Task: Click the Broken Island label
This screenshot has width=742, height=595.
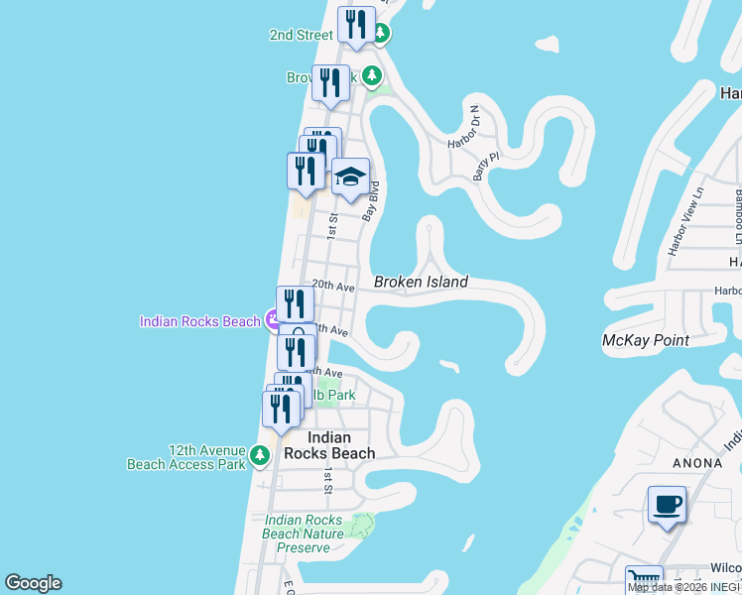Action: click(x=421, y=283)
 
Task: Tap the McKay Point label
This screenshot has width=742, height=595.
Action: click(x=646, y=340)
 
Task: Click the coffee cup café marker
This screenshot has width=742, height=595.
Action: click(x=667, y=505)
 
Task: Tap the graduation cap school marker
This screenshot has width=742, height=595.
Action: click(x=349, y=178)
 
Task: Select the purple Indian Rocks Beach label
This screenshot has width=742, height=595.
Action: click(x=199, y=321)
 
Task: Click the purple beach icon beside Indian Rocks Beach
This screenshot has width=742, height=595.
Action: click(x=274, y=320)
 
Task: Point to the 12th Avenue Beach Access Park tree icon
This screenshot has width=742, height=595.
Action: click(x=259, y=456)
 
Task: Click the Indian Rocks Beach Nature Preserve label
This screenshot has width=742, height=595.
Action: click(x=303, y=534)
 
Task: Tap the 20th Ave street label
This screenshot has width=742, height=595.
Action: click(x=333, y=286)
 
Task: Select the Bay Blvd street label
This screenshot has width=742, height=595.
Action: click(x=372, y=200)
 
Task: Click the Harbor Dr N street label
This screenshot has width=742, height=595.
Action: click(x=463, y=128)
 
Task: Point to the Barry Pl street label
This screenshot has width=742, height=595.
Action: click(x=483, y=163)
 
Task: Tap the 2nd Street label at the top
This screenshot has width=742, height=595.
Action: click(x=301, y=35)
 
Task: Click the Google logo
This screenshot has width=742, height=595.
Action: click(x=33, y=583)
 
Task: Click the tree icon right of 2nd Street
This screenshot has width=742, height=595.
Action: click(x=380, y=34)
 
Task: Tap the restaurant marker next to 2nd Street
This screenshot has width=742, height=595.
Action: click(x=356, y=25)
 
